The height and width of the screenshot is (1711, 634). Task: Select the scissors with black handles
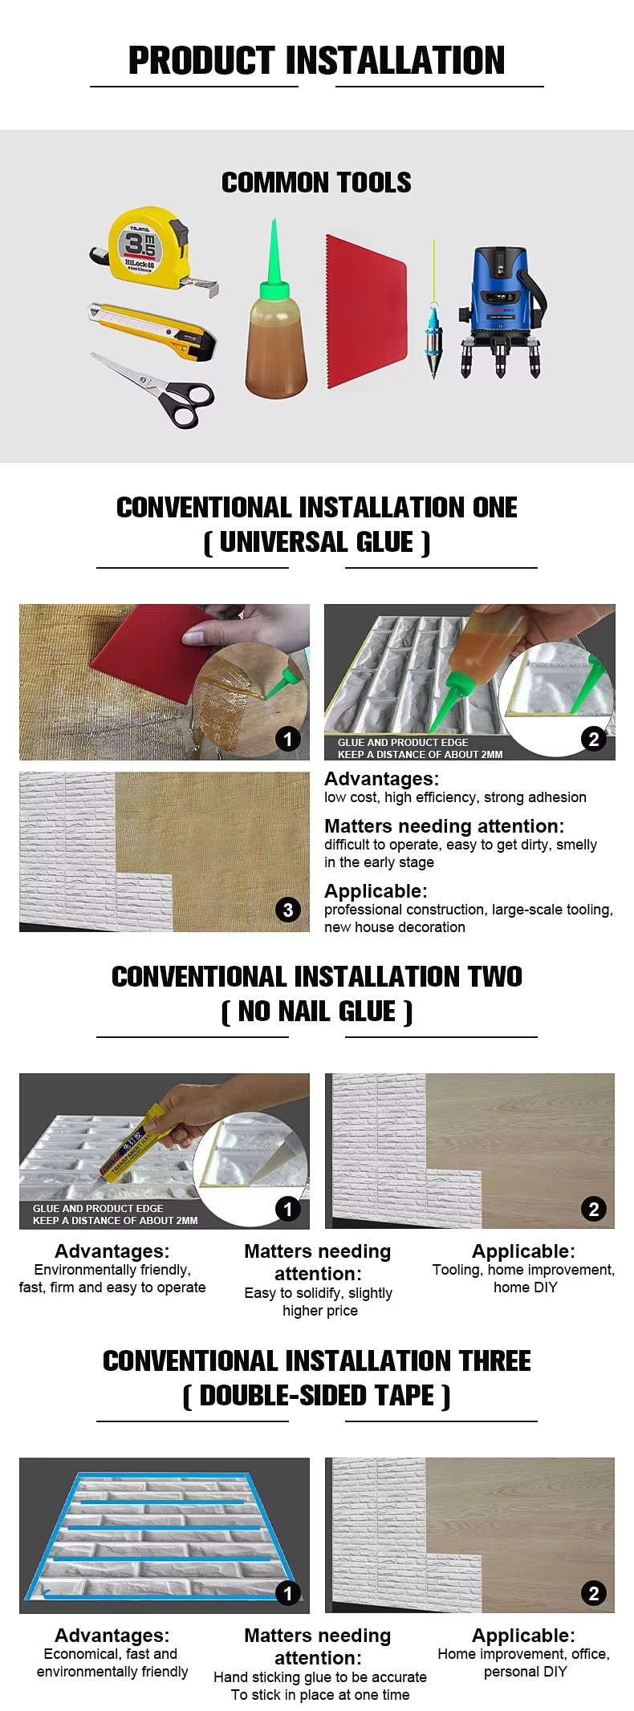click(161, 389)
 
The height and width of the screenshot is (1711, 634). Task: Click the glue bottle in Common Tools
click(276, 345)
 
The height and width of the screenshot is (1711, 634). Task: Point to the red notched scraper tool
click(365, 313)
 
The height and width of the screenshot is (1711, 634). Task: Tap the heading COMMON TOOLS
click(316, 183)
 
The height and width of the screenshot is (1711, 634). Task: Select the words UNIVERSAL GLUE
click(317, 543)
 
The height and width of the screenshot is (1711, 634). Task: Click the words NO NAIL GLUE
click(317, 1012)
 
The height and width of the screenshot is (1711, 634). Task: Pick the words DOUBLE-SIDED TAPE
click(317, 1397)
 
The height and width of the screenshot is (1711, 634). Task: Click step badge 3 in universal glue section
click(288, 910)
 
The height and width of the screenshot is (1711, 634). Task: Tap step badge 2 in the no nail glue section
click(594, 1209)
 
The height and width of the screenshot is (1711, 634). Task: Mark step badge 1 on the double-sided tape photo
click(288, 1593)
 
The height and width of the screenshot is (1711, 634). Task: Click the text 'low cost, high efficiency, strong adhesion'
click(455, 797)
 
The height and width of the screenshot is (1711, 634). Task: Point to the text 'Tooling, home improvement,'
click(523, 1270)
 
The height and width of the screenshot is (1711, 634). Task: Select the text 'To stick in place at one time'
click(320, 1695)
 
